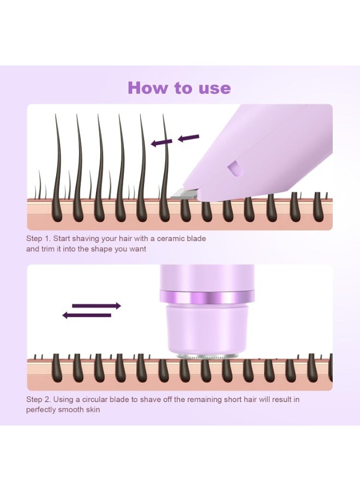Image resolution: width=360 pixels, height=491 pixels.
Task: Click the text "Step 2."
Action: [39, 399]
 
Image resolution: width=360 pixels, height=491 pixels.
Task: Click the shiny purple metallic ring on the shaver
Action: [206, 297]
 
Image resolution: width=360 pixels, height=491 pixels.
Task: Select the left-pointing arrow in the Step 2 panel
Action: [87, 315]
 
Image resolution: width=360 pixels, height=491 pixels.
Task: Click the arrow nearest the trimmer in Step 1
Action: [189, 137]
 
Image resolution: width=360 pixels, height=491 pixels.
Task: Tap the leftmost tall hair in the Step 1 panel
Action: [57, 164]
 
